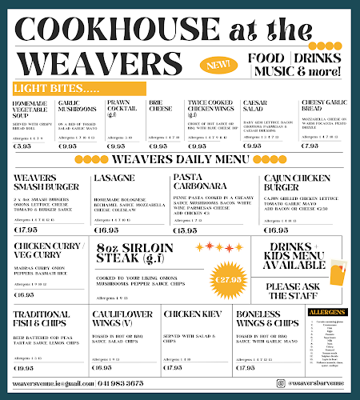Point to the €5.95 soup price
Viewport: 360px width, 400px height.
coord(23,146)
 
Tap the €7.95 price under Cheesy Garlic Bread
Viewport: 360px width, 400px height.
coord(310,146)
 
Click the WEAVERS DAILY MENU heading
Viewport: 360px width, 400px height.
coord(181,160)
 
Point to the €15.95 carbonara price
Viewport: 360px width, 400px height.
coord(185,230)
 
